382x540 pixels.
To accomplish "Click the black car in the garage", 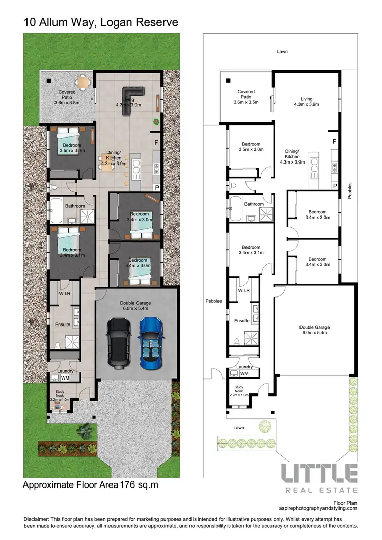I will (119, 343).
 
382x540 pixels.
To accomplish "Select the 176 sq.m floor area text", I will (138, 485).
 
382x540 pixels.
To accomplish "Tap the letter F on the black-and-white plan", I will (334, 141).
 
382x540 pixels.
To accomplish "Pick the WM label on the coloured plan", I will (65, 378).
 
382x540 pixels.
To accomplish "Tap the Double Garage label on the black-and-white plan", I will (314, 330).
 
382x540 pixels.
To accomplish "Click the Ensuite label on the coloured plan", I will (63, 325).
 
